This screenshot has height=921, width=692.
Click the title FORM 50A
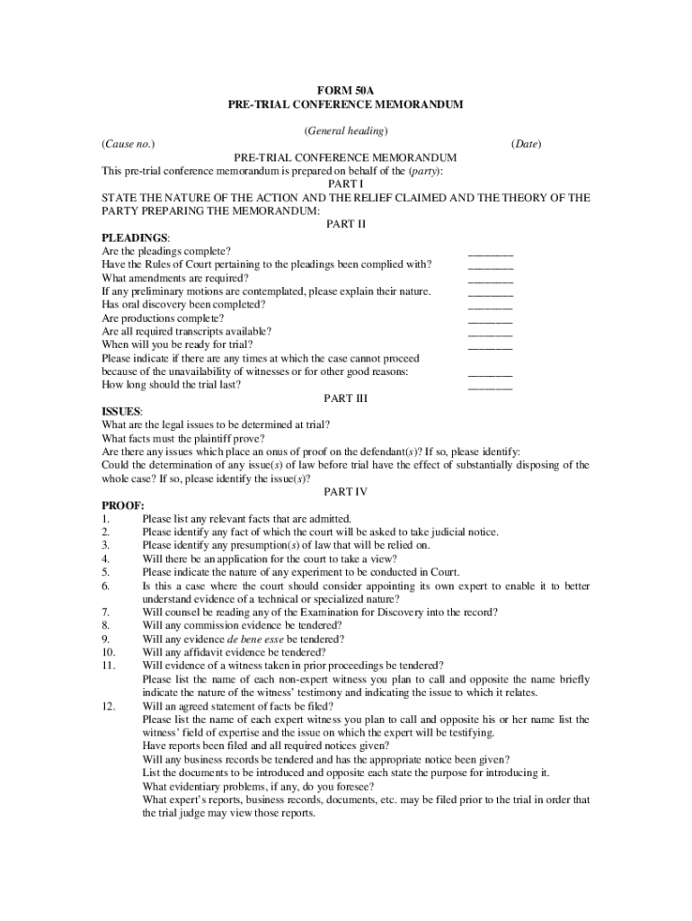(346, 91)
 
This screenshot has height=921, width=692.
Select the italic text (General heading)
(346, 130)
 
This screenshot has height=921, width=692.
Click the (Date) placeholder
(527, 144)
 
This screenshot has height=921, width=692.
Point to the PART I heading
(346, 183)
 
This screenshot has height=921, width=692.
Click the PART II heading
(346, 224)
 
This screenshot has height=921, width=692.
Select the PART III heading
(346, 398)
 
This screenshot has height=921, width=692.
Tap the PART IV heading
(346, 491)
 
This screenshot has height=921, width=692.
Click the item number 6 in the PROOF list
(106, 586)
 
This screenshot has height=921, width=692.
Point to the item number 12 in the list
(109, 706)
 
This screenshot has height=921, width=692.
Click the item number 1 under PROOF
(106, 519)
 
